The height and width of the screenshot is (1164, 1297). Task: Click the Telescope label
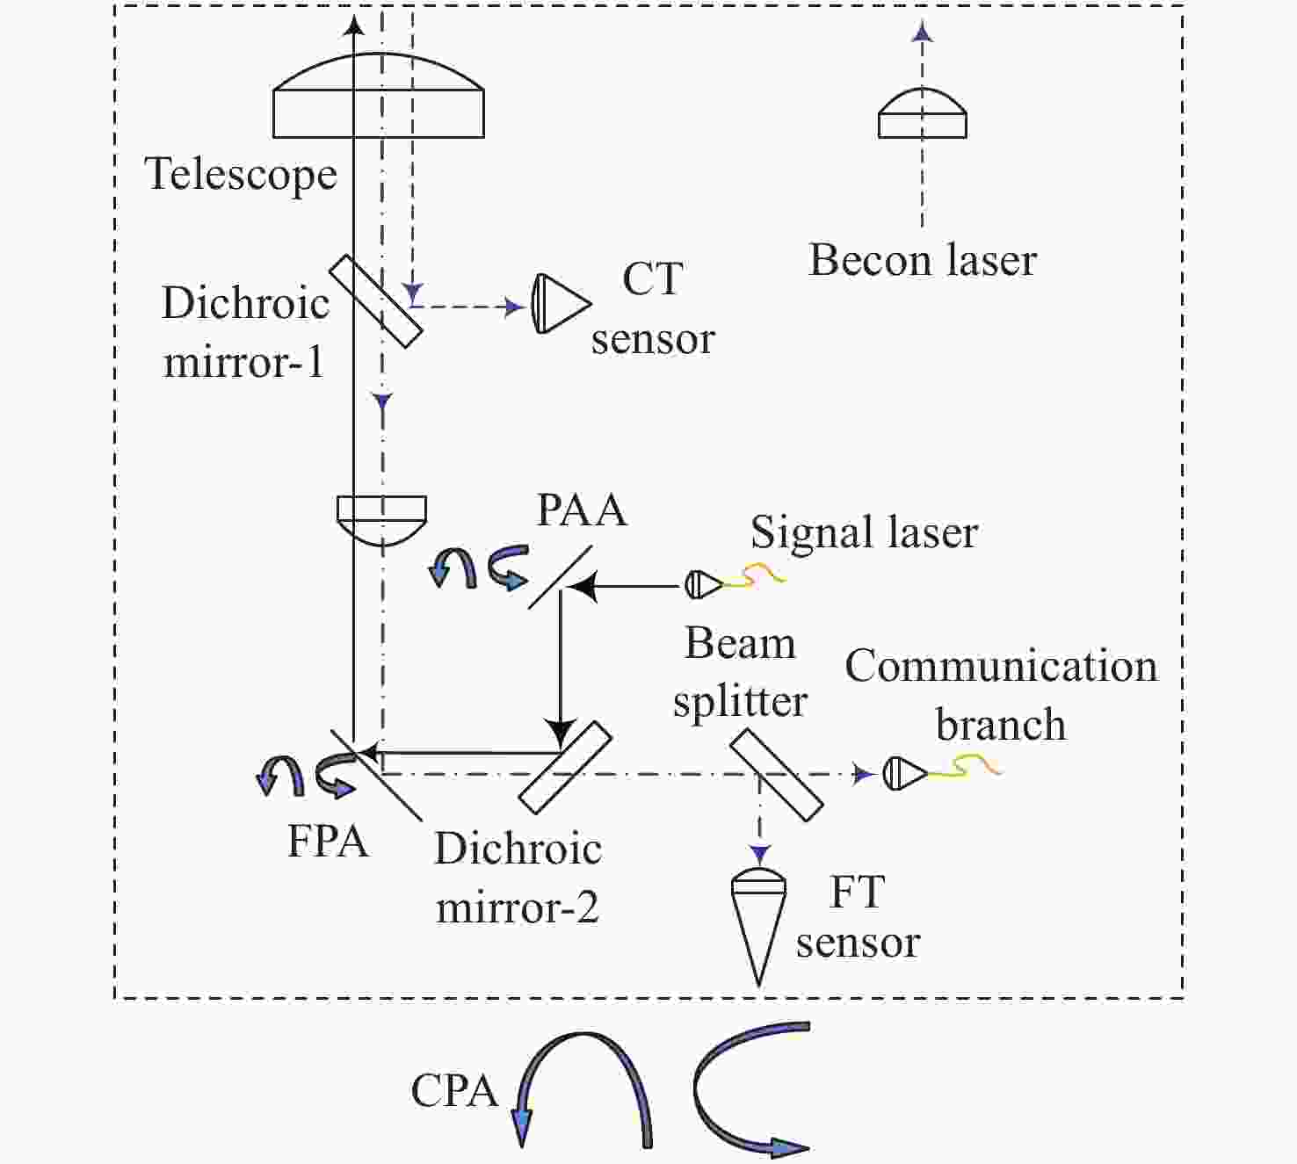click(x=241, y=174)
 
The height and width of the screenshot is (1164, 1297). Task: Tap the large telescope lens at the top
click(x=379, y=96)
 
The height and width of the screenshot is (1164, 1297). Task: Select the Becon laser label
click(x=923, y=260)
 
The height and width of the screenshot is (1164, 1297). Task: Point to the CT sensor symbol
click(x=561, y=304)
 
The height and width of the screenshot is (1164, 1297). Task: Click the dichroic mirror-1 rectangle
click(x=376, y=301)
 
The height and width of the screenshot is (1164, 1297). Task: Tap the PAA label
click(x=582, y=510)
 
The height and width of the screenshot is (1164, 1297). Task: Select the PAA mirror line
click(x=560, y=577)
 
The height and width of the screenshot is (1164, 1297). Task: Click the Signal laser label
click(x=864, y=532)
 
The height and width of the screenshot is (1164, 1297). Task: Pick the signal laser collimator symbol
click(x=704, y=584)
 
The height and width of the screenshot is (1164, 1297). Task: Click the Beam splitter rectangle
click(x=777, y=775)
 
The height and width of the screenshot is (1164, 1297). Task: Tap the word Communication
click(x=1001, y=667)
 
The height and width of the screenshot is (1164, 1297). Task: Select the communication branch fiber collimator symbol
click(x=904, y=774)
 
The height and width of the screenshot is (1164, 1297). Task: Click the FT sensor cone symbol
click(x=758, y=929)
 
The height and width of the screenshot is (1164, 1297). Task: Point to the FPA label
click(x=328, y=841)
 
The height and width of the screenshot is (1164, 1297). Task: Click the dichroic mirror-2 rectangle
click(x=565, y=768)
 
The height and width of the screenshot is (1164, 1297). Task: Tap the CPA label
click(x=454, y=1091)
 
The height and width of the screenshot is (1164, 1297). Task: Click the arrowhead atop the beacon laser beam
click(x=922, y=31)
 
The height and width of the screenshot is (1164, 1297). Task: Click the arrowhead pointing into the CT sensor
click(x=515, y=307)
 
